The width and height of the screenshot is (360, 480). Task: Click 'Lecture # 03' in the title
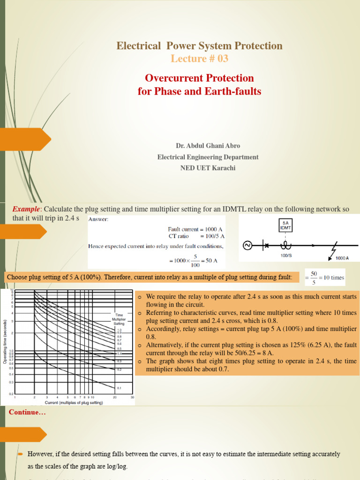click(x=199, y=59)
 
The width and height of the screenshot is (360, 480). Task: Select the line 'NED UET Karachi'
click(x=208, y=168)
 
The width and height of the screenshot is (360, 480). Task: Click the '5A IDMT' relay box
click(x=285, y=225)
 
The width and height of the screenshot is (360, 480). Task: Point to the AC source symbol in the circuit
click(x=247, y=245)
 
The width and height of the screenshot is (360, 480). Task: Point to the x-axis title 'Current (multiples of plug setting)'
click(x=74, y=403)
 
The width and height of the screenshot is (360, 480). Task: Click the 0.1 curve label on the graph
click(x=119, y=388)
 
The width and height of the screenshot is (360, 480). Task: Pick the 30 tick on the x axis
click(x=132, y=398)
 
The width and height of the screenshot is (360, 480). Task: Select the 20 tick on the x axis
click(x=115, y=398)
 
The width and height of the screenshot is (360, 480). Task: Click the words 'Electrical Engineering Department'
click(x=208, y=157)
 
